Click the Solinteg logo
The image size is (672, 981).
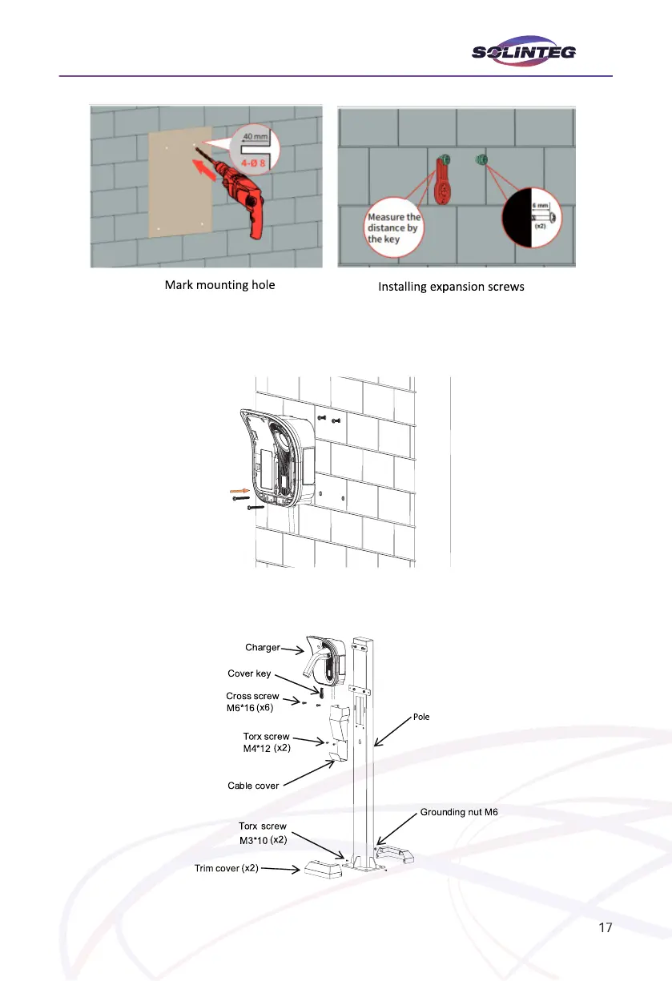[524, 53]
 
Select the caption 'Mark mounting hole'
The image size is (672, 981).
[219, 284]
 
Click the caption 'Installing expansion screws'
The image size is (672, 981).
[451, 286]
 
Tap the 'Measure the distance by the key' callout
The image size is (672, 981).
[393, 227]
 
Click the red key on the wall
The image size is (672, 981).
[445, 180]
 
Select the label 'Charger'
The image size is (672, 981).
[262, 647]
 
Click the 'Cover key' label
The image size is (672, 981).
[250, 673]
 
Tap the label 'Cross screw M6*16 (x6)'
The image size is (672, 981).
[253, 702]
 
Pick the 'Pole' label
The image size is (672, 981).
[421, 717]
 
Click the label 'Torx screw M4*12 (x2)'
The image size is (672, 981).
[266, 742]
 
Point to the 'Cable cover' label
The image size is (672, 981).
[253, 786]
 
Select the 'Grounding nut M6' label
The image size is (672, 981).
[459, 812]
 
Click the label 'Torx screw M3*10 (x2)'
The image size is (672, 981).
[263, 832]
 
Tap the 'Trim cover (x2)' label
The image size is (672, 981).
[226, 868]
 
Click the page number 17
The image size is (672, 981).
[606, 928]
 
